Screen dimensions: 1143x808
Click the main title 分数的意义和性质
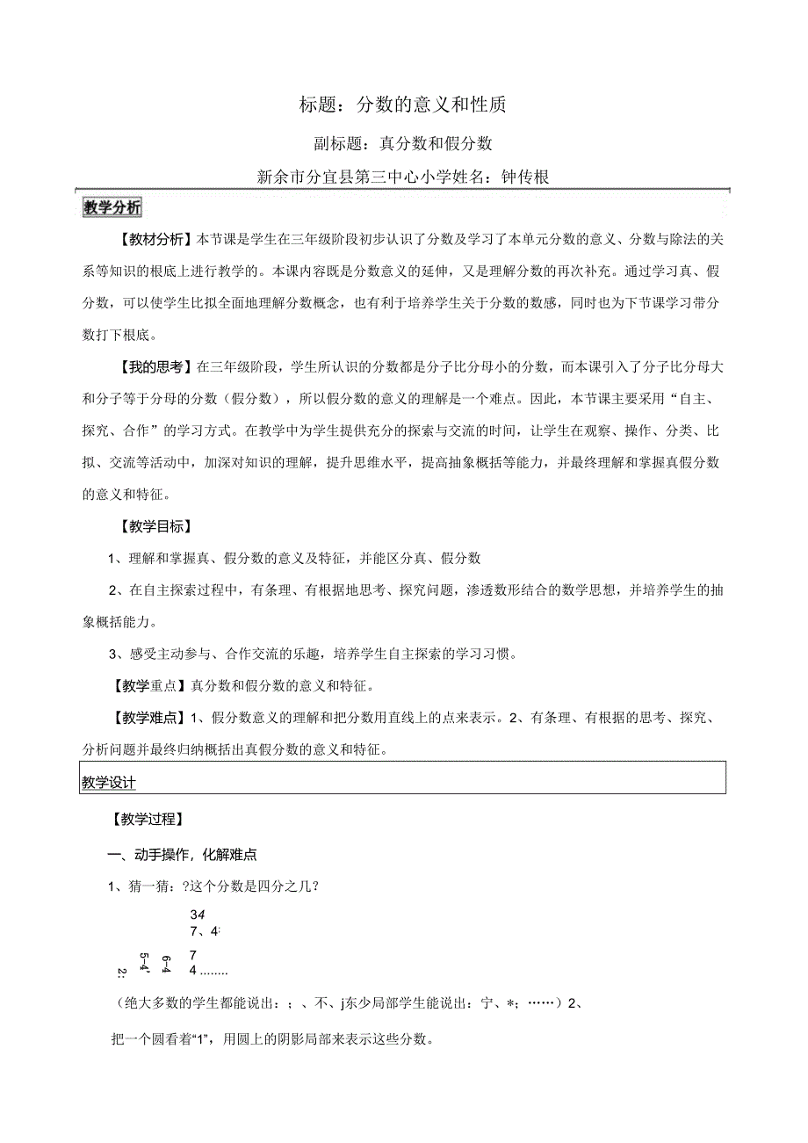click(x=430, y=105)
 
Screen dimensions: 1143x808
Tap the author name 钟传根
click(x=524, y=177)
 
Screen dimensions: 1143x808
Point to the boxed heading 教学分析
click(x=112, y=208)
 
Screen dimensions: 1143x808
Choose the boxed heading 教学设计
click(x=110, y=782)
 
